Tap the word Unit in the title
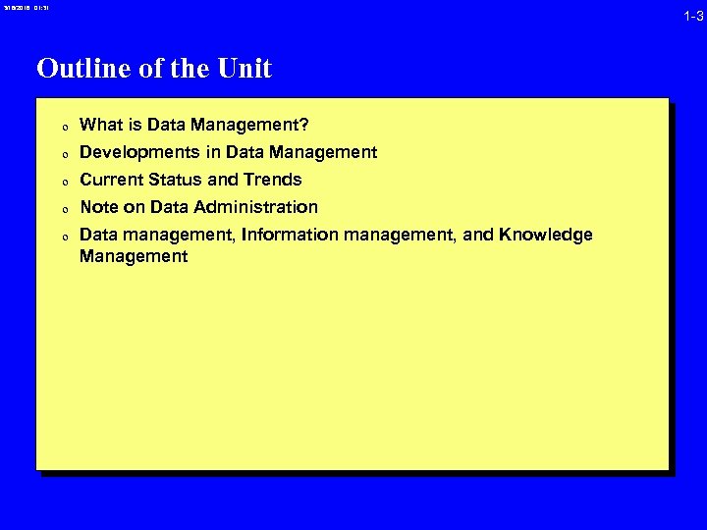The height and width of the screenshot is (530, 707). (247, 69)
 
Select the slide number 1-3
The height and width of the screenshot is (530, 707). (693, 17)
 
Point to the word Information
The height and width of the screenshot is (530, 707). (290, 235)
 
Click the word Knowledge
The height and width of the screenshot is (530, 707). (545, 235)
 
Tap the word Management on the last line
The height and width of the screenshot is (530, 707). (134, 256)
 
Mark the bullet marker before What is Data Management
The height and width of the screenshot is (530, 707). (61, 127)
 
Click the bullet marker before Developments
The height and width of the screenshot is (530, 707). (61, 154)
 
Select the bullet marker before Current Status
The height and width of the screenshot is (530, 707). (61, 182)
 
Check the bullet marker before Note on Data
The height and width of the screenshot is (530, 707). (61, 209)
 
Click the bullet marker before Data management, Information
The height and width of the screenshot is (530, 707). (61, 237)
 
